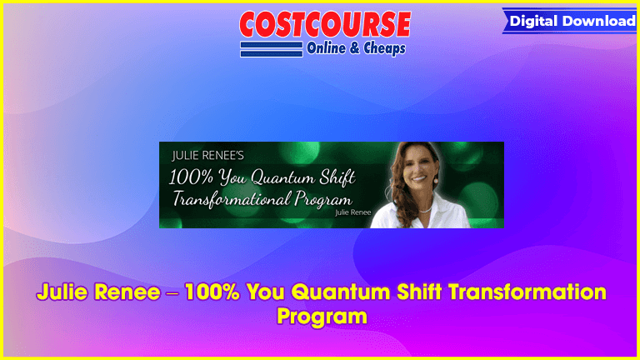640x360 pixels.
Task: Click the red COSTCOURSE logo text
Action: [325, 24]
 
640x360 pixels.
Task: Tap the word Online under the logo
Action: [326, 48]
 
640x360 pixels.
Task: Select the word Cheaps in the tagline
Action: [384, 48]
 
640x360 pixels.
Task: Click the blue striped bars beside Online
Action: [272, 49]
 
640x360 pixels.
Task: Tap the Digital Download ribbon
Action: [570, 21]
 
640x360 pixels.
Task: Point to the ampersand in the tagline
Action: [355, 48]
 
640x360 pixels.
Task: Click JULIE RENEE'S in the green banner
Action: [207, 156]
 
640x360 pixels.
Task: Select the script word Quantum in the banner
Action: [282, 178]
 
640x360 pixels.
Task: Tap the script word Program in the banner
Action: [322, 200]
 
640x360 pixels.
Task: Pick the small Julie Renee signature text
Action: [353, 212]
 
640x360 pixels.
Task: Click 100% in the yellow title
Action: [212, 292]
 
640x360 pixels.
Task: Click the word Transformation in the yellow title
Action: [527, 292]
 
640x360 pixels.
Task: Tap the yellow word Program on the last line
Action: [322, 317]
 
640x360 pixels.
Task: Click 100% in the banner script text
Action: [191, 178]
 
